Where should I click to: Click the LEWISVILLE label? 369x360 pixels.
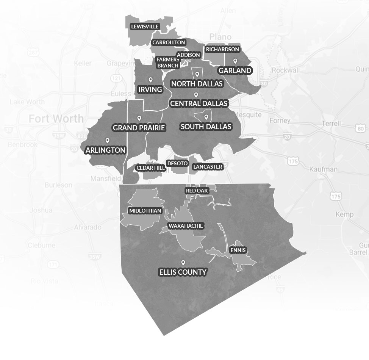[145, 27]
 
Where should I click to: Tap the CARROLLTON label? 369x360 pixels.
[169, 42]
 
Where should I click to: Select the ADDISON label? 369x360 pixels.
[188, 55]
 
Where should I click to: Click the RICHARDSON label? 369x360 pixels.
[222, 49]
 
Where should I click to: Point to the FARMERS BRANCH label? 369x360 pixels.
[168, 63]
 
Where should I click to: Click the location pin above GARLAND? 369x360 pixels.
[235, 61]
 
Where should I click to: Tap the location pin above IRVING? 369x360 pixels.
[150, 80]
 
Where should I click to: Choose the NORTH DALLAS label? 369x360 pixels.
[197, 83]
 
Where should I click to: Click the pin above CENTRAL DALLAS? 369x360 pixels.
[196, 95]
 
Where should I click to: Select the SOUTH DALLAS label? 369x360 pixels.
[206, 127]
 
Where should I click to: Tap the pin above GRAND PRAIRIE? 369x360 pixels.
[139, 118]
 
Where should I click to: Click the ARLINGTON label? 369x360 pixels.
[105, 150]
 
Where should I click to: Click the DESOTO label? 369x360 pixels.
[177, 163]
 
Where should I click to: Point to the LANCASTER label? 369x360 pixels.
[208, 167]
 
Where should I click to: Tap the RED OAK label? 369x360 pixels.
[197, 191]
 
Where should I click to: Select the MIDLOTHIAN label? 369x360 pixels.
[145, 211]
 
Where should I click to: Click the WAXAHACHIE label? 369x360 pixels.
[186, 226]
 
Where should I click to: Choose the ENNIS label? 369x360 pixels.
[238, 250]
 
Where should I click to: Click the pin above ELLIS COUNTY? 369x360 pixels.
[183, 262]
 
